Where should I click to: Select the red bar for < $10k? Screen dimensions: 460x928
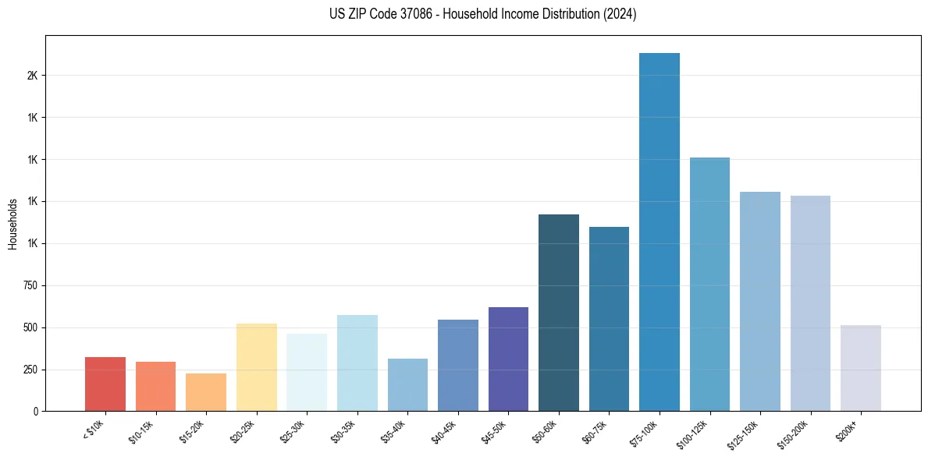click(x=105, y=384)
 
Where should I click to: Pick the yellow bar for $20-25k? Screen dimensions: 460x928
click(x=256, y=367)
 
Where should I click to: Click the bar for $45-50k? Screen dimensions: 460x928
click(x=508, y=359)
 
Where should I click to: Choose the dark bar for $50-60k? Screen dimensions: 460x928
click(x=559, y=313)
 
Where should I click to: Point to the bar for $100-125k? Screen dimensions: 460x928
click(x=709, y=284)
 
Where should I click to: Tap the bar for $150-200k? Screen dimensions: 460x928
click(x=810, y=303)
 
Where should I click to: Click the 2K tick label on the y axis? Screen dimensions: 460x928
click(x=32, y=76)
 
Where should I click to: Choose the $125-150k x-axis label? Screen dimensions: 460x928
click(x=747, y=433)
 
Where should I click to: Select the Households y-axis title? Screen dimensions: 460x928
click(x=12, y=224)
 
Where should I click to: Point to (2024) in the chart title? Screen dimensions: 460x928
click(x=621, y=14)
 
